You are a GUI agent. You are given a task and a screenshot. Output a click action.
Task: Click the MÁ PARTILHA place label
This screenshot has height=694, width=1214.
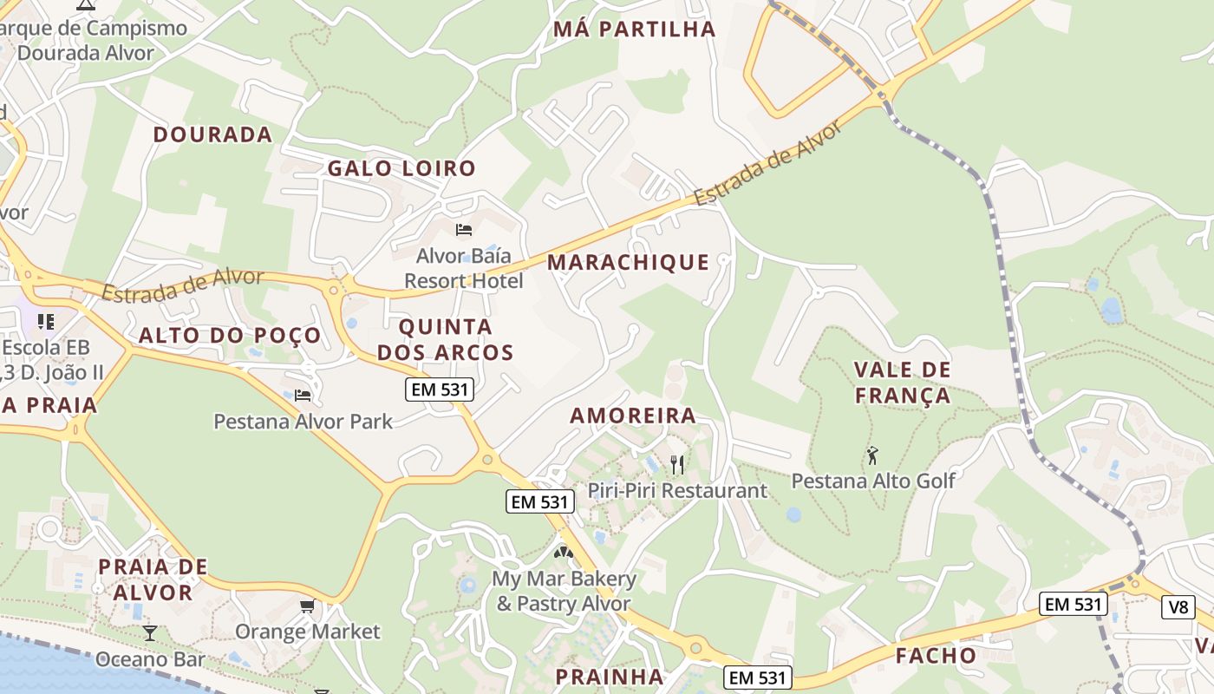(x=635, y=29)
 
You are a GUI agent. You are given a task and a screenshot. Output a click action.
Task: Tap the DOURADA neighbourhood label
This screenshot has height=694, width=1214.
(x=213, y=134)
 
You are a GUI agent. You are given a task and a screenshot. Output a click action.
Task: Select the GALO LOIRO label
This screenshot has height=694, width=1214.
(x=401, y=168)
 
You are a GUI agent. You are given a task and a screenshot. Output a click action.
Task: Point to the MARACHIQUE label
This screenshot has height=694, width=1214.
(x=629, y=262)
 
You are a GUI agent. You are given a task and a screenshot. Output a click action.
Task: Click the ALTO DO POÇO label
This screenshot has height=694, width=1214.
(x=230, y=335)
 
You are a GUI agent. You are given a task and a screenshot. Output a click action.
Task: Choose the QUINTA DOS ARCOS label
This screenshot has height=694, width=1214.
(x=446, y=340)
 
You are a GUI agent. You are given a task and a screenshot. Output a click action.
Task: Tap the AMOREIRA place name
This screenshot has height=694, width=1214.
(x=633, y=416)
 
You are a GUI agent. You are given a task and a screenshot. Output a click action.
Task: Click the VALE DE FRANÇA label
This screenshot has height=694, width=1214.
(x=903, y=383)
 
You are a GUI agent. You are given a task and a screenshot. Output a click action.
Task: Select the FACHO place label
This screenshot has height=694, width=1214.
(x=936, y=655)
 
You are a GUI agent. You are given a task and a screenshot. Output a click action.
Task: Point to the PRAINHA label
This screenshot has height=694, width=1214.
(x=610, y=677)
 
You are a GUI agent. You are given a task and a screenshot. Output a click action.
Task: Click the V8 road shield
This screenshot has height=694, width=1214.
(x=1178, y=607)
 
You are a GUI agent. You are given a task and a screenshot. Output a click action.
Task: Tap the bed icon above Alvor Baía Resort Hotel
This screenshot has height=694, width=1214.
(x=464, y=230)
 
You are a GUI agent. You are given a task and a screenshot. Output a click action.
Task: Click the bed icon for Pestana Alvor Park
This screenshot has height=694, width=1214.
(x=303, y=396)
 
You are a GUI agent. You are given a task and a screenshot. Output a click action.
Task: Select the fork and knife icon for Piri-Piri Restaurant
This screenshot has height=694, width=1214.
(x=677, y=464)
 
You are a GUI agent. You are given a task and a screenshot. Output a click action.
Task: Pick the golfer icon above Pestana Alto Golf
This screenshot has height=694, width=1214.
(x=872, y=455)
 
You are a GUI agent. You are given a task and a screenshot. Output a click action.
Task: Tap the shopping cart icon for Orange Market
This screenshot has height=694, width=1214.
(x=307, y=606)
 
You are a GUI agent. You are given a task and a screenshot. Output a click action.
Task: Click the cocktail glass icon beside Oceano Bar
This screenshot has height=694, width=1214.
(x=150, y=632)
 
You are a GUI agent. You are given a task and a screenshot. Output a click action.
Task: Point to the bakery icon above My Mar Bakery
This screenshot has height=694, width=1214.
(x=564, y=551)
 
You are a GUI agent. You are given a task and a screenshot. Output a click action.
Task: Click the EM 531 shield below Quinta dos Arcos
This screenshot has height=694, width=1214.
(x=440, y=390)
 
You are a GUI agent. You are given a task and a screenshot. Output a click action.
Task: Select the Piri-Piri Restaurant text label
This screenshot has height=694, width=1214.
(x=677, y=491)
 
